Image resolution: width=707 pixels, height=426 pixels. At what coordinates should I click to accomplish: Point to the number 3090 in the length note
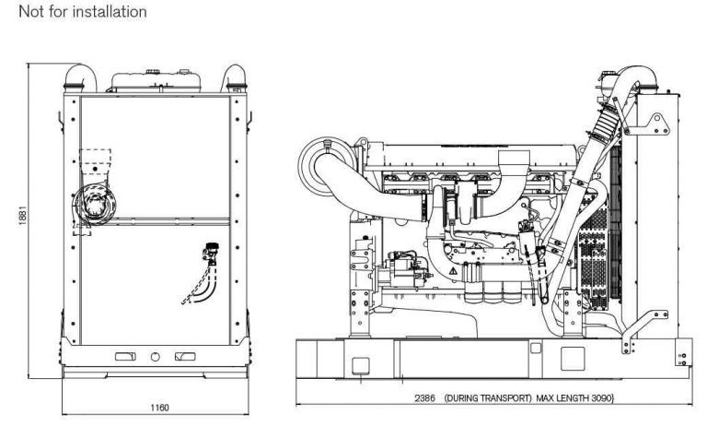599,397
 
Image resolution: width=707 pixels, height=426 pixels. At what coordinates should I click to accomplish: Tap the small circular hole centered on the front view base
155,356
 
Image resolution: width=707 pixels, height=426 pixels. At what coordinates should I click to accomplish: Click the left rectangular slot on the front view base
124,356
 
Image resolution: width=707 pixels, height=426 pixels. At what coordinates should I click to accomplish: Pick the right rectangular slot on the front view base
184,356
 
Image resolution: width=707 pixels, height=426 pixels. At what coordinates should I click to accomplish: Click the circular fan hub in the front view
94,203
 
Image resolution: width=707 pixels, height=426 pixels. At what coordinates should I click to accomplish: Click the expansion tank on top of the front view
155,77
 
